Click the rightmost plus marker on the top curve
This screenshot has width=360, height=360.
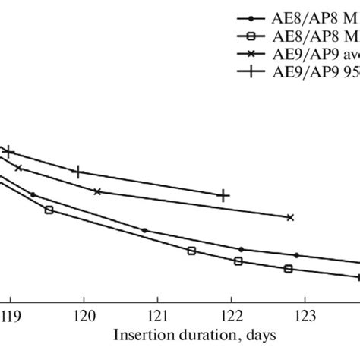pos(223,196)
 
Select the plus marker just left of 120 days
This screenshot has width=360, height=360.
pos(76,172)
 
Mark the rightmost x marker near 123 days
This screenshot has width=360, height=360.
pos(289,217)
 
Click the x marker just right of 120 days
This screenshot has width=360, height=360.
pos(97,191)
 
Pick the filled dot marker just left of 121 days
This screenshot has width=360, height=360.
pos(144,230)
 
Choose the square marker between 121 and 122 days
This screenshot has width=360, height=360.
pos(191,251)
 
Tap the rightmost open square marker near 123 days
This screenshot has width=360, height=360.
pos(287,269)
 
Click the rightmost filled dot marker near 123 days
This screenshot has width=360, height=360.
pos(297,255)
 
